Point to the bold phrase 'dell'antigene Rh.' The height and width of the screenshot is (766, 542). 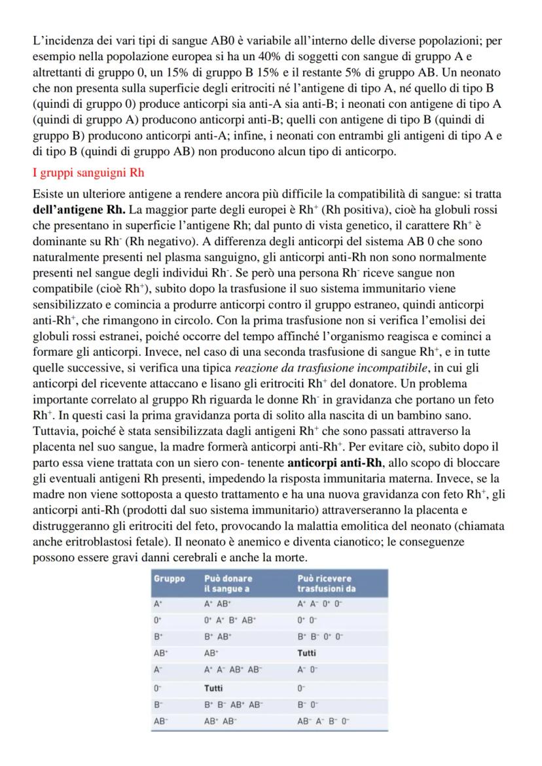click(x=80, y=210)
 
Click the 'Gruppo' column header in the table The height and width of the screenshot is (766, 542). click(x=170, y=578)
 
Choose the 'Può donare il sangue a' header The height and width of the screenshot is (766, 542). click(x=228, y=583)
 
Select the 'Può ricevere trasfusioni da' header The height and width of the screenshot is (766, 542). click(x=326, y=583)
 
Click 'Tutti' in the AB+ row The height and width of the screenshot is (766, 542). click(x=308, y=652)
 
